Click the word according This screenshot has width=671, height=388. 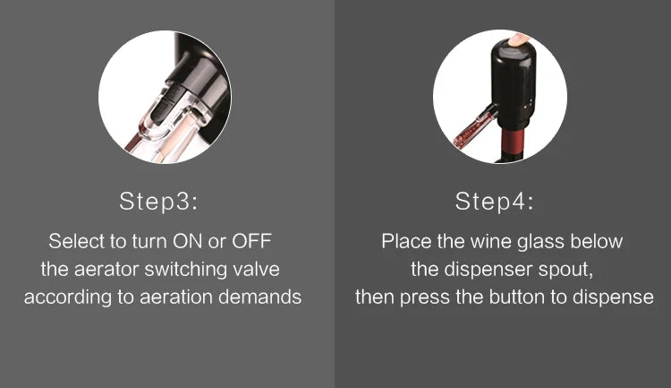[x=65, y=297]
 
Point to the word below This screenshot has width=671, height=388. [x=596, y=242]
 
